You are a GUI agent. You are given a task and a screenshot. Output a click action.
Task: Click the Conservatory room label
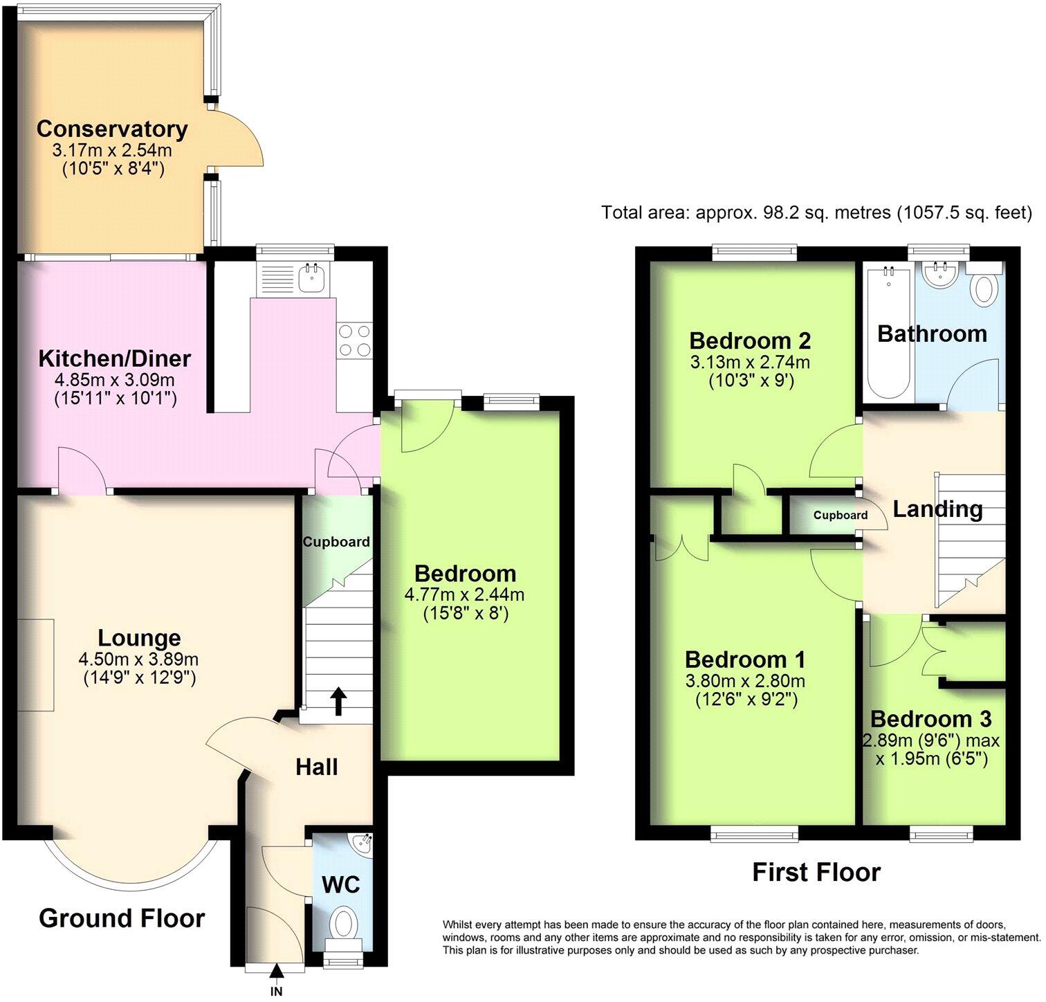click(x=112, y=129)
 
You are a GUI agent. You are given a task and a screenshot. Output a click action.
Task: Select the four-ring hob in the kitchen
click(x=354, y=340)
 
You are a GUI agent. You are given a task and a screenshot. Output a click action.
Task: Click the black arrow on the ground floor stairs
click(x=338, y=700)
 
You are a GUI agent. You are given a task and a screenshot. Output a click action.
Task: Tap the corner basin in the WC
click(x=362, y=844)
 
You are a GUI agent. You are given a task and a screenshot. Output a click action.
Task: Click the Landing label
click(x=937, y=509)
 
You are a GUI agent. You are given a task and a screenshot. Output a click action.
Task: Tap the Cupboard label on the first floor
click(x=840, y=516)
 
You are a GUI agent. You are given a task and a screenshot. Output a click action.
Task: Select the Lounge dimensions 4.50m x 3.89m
click(x=139, y=659)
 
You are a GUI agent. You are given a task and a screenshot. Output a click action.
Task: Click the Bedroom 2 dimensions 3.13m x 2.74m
click(x=750, y=362)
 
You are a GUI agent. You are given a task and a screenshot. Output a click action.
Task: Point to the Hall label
click(x=317, y=767)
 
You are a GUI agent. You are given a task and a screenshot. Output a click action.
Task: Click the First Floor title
click(x=816, y=873)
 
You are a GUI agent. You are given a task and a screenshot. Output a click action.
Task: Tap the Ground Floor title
click(x=122, y=918)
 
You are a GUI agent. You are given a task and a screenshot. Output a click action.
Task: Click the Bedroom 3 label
click(x=930, y=719)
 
